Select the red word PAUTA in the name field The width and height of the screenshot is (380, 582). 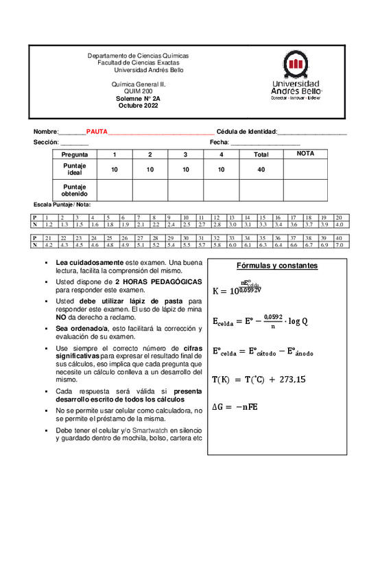(97, 131)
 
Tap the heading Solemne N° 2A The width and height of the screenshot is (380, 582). (138, 99)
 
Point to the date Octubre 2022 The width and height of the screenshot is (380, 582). (138, 106)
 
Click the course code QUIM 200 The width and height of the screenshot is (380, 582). (138, 92)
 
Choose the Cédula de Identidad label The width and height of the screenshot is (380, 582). (246, 131)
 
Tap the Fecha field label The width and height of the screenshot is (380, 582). (219, 141)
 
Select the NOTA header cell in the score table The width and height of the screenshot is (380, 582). (305, 154)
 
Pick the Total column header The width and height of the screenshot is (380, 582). (261, 155)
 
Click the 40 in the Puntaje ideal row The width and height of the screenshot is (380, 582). (261, 170)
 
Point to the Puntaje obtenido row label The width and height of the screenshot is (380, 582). (75, 189)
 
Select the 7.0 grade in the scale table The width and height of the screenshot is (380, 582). (338, 244)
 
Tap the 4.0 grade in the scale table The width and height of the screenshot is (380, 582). (338, 224)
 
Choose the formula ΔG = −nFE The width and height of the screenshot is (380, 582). (248, 407)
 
